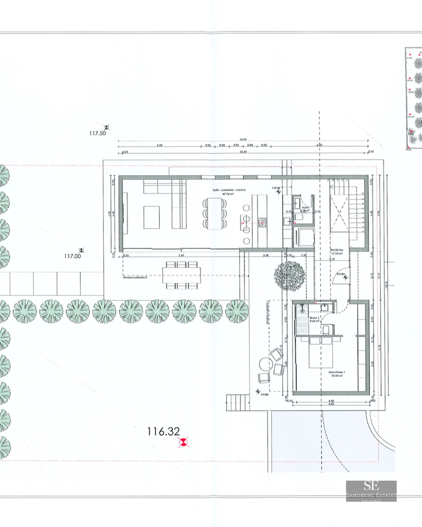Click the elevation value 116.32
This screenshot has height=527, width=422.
[164, 432]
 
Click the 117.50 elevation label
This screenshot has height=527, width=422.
[98, 134]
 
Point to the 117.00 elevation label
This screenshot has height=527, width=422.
[72, 256]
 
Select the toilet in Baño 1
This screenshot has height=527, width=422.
[329, 330]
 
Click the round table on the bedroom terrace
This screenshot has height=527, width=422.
[278, 367]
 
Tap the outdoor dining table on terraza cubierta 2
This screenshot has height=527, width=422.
[182, 274]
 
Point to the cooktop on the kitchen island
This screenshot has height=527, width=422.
[262, 223]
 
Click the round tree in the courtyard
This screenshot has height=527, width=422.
[289, 275]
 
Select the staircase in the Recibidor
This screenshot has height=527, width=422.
[346, 211]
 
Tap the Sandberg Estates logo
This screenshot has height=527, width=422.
[371, 491]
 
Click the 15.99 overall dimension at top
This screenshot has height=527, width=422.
[243, 140]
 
